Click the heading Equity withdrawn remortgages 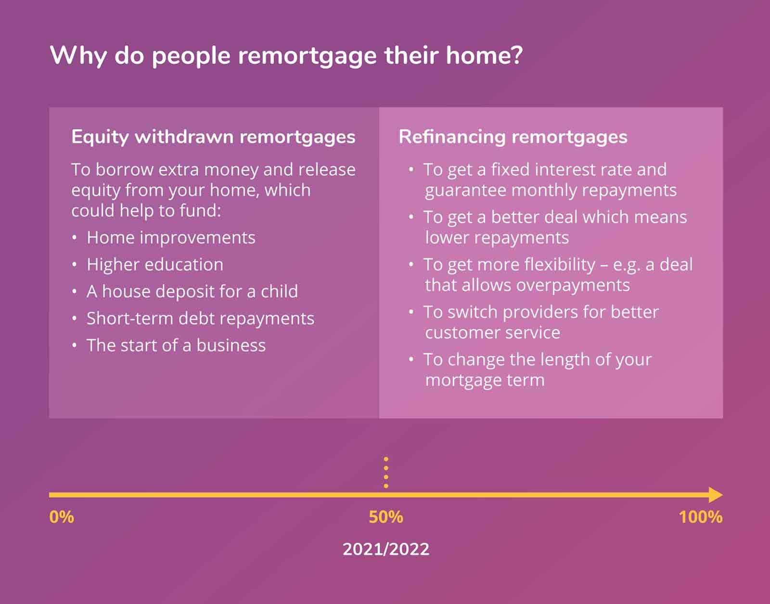click(x=213, y=137)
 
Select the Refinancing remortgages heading click(x=513, y=137)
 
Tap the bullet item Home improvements click(x=171, y=238)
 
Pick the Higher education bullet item click(x=154, y=265)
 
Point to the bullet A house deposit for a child click(x=192, y=292)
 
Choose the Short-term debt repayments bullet click(x=200, y=319)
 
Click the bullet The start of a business click(x=176, y=346)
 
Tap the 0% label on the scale click(x=62, y=517)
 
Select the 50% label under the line click(x=386, y=517)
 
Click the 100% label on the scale click(x=700, y=517)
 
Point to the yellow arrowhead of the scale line click(x=716, y=495)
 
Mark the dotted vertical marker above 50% click(x=386, y=472)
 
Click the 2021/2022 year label click(x=386, y=549)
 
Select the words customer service click(x=492, y=333)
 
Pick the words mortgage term click(x=485, y=380)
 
